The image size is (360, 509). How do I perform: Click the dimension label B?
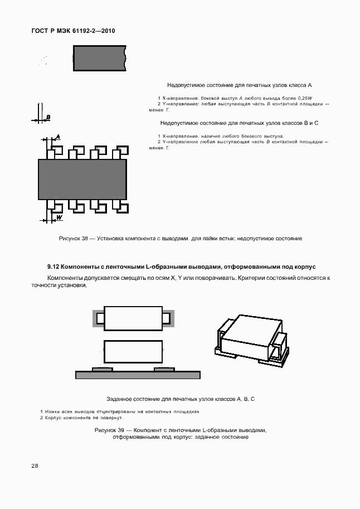click(48, 117)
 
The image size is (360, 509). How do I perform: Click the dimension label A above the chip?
click(58, 137)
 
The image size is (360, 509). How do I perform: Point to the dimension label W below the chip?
click(59, 217)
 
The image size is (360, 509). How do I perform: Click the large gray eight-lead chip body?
click(82, 179)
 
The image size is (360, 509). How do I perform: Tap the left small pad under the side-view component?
click(102, 369)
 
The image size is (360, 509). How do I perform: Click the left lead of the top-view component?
click(100, 318)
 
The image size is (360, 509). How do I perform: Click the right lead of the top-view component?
click(166, 318)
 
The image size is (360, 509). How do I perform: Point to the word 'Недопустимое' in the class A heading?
click(185, 85)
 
